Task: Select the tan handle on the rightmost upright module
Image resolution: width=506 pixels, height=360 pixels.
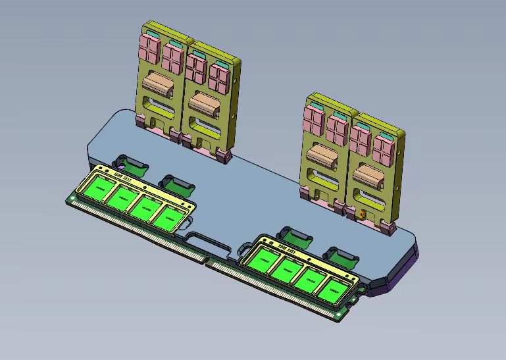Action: point(368,174)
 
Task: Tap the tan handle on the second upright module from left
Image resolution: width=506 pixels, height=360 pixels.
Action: point(203,102)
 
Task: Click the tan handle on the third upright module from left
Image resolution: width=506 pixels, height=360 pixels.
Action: point(322,155)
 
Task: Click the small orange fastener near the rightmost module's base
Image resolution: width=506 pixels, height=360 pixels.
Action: point(361,214)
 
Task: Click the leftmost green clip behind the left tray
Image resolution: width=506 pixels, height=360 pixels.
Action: point(128,162)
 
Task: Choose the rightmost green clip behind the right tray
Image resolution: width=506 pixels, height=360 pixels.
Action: point(340,255)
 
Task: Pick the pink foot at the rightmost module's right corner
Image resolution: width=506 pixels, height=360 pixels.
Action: point(387,228)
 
